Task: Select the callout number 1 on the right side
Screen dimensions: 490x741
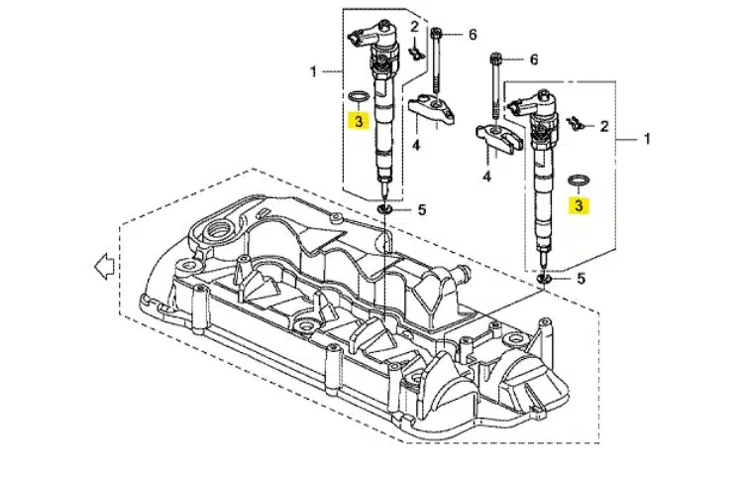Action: pos(648,140)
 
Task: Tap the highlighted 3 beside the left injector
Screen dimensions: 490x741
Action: pos(359,121)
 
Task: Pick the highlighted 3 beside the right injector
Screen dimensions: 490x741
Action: pos(578,205)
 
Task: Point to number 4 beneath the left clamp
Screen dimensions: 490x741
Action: pos(417,146)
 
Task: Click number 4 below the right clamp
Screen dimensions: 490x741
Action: pos(487,177)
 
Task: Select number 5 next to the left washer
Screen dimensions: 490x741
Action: pos(421,210)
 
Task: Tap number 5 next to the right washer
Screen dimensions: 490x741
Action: pos(581,279)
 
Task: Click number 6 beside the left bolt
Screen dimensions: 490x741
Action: pos(473,35)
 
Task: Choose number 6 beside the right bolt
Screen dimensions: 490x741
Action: pos(533,61)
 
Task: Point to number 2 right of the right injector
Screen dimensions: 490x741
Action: pos(604,127)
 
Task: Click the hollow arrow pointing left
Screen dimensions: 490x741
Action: pos(100,266)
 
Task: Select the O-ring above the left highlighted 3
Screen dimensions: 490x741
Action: pos(359,97)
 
